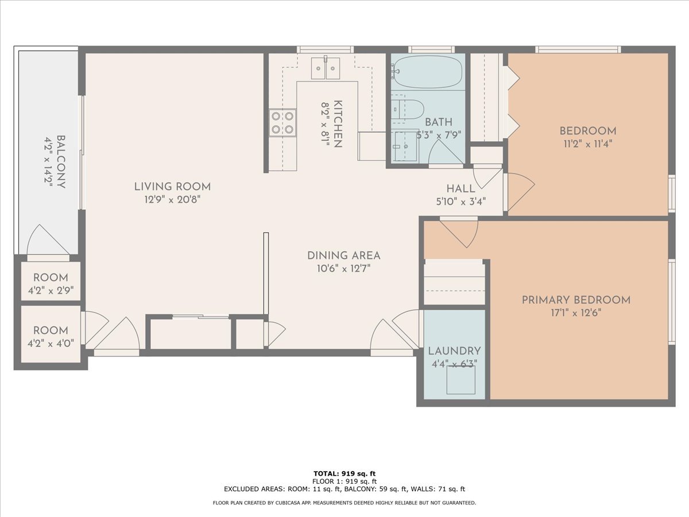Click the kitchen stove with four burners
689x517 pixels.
tap(283, 122)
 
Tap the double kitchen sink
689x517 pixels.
tap(326, 68)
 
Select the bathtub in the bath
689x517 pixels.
tap(428, 71)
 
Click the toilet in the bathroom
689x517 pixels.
tap(408, 109)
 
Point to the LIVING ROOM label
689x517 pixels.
tap(172, 187)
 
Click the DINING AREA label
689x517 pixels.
tap(343, 256)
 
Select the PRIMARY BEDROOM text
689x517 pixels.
tap(576, 300)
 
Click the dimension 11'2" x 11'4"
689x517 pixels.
tap(587, 144)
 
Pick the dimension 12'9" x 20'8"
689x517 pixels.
tap(172, 200)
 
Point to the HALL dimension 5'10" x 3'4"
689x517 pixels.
tap(460, 202)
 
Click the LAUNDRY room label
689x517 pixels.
tap(454, 351)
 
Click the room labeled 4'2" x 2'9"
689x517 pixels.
tap(51, 284)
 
